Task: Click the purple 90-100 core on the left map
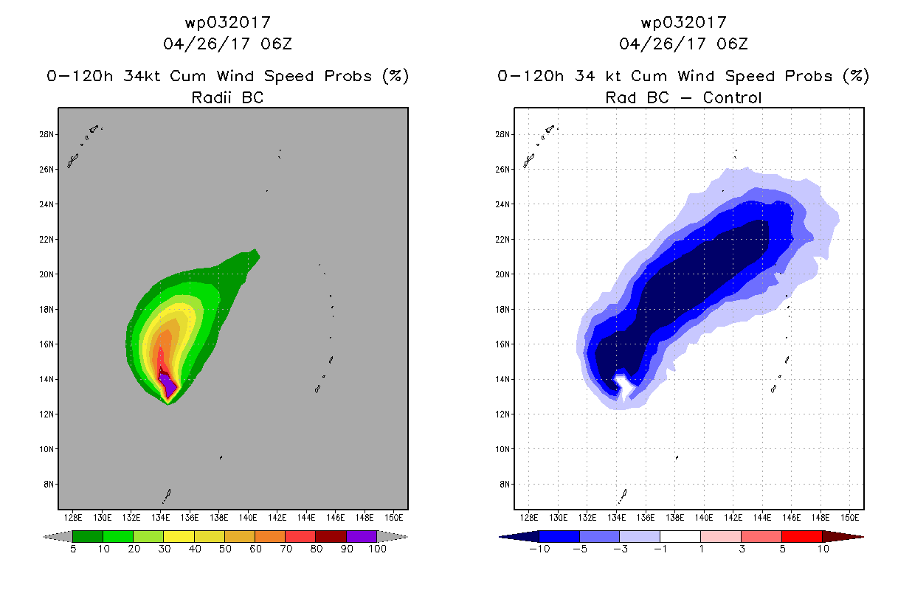pos(167,385)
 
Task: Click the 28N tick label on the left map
pos(46,134)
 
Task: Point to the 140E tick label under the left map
pos(247,518)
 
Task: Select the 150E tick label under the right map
pos(849,518)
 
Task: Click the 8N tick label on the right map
pos(504,485)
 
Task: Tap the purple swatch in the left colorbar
pos(362,536)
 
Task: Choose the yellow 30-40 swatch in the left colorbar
pos(179,536)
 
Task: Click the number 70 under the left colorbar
pos(286,549)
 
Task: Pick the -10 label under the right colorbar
pos(539,549)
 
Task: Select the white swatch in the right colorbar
pos(680,536)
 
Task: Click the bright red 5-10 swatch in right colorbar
pos(801,536)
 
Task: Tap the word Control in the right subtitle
pos(732,97)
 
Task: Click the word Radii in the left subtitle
pos(211,97)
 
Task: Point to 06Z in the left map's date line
pos(277,44)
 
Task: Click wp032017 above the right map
pos(683,23)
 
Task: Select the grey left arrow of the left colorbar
pos(58,536)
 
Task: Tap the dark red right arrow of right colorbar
pos(843,536)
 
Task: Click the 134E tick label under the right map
pos(616,518)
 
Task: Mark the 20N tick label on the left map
pos(46,274)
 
